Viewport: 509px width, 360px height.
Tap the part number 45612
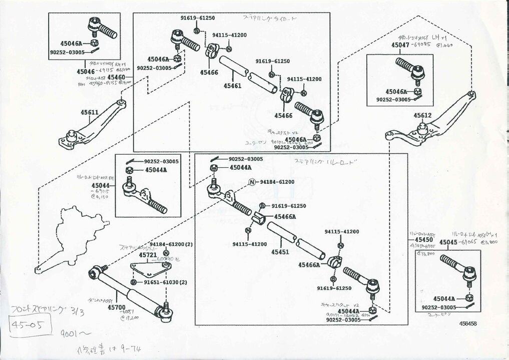coord(422,116)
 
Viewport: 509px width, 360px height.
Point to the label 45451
coord(280,252)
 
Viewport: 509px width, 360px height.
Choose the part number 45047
coord(400,45)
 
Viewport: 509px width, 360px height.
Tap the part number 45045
coord(448,242)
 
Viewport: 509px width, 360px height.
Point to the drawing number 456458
coord(469,323)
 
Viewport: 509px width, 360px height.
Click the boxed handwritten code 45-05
coord(31,326)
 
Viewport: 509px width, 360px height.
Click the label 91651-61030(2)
coord(165,282)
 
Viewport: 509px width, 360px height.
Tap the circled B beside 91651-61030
coord(134,282)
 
